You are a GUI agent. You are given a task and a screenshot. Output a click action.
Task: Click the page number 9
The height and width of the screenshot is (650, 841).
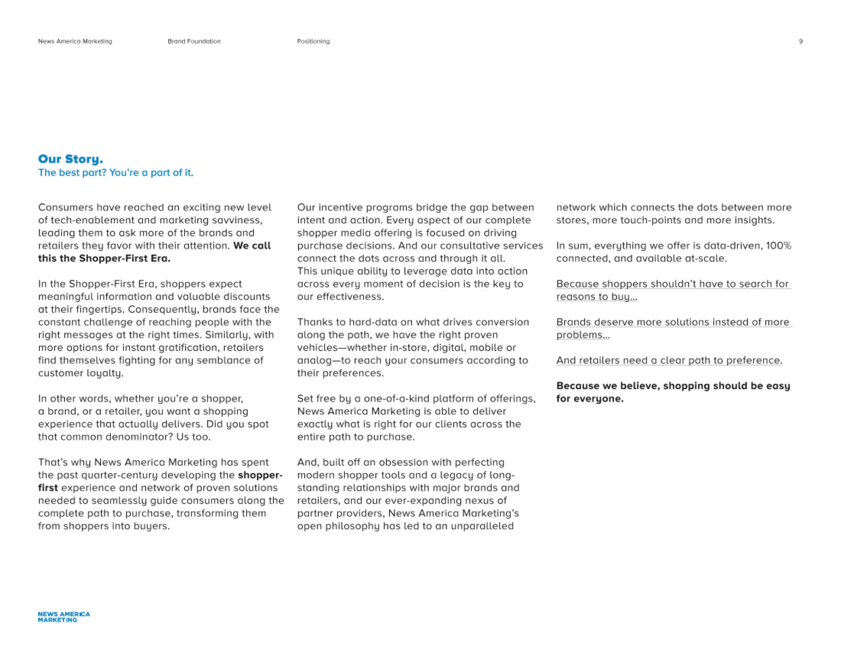pos(801,42)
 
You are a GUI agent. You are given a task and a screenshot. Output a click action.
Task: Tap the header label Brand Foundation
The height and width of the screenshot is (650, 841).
pos(194,42)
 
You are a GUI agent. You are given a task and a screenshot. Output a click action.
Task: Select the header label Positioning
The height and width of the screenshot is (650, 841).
pos(313,42)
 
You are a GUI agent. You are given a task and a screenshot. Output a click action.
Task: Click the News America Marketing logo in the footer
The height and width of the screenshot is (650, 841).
pos(64,617)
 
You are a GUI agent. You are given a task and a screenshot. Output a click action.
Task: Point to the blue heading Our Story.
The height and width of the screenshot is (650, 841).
pos(71,159)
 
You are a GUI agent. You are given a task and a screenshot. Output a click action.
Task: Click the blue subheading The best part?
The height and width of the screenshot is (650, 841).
pos(115,173)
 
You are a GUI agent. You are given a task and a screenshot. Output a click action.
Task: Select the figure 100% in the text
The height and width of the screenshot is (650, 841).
pos(779,246)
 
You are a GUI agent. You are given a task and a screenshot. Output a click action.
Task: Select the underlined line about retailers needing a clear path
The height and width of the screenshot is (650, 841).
pos(669,361)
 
